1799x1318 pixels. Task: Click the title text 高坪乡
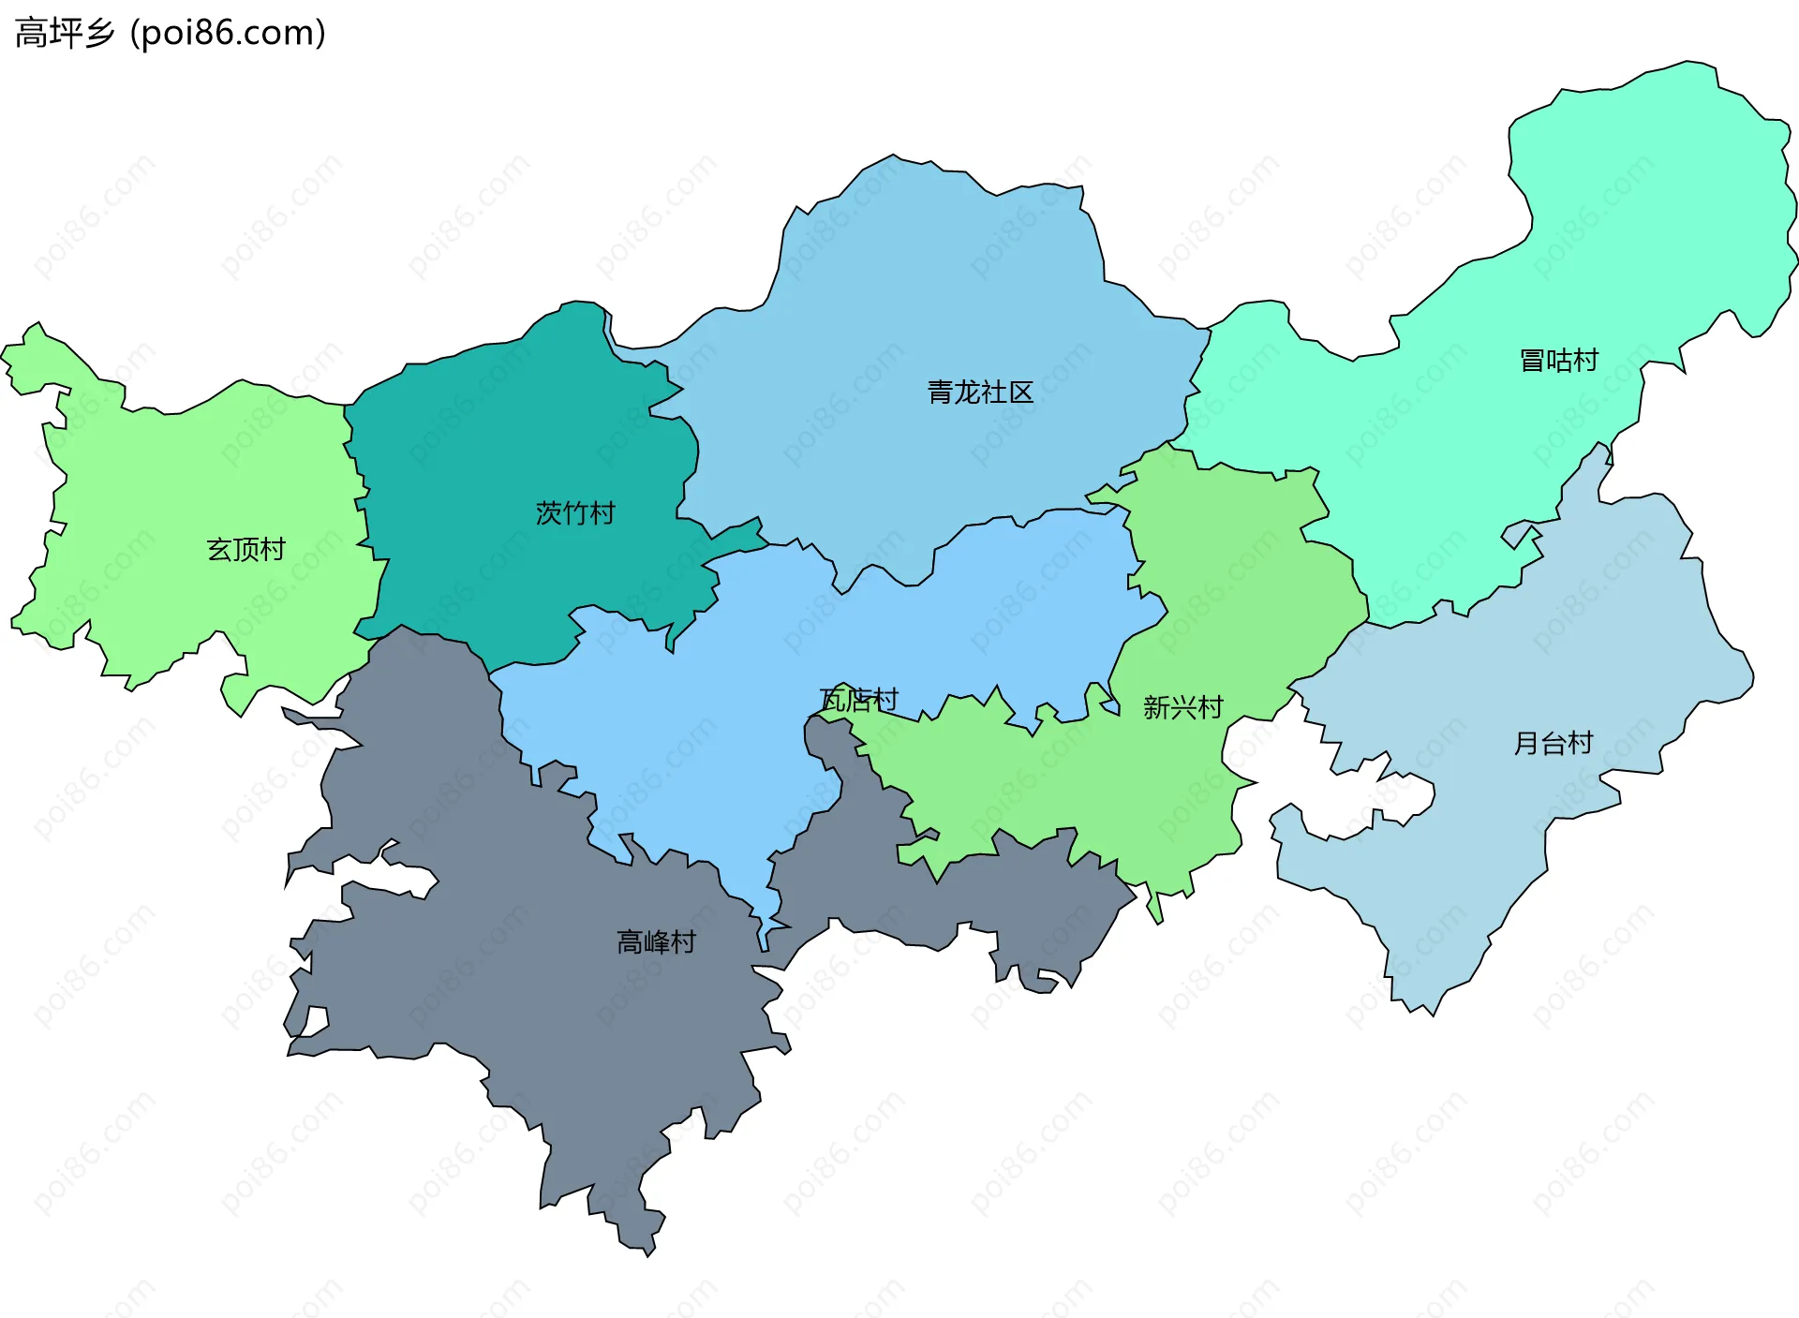64,34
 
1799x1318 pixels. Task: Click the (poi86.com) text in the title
228,34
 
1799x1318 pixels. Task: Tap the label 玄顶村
245,550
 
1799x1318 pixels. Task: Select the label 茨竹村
575,513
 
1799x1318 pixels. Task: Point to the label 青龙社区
980,392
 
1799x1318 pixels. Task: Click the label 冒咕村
1558,361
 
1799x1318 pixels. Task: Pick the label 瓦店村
858,700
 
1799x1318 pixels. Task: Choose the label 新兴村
1182,707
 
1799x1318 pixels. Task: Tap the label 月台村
1554,744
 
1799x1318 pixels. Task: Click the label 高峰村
656,942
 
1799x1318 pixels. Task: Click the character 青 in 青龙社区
940,392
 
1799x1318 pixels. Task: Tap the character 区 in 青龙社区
1021,392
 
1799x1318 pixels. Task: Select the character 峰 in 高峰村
656,942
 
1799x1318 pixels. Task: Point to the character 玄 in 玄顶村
219,550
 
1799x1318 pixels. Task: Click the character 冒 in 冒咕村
1532,361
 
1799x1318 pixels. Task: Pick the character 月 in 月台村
1526,744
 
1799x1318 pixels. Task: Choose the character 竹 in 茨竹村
575,513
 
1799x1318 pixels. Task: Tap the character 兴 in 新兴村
1182,707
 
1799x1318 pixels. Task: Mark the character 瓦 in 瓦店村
832,700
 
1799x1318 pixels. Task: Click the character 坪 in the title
65,34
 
